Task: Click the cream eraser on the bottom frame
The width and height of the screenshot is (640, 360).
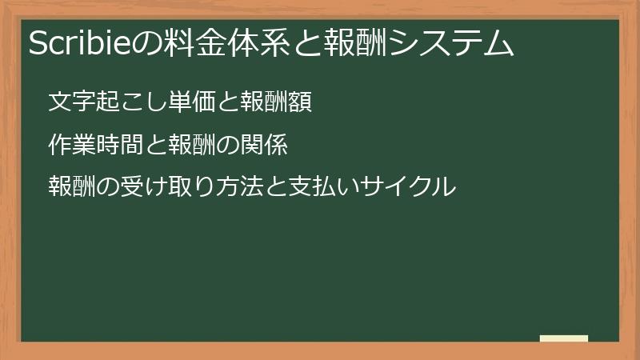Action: coord(564,339)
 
